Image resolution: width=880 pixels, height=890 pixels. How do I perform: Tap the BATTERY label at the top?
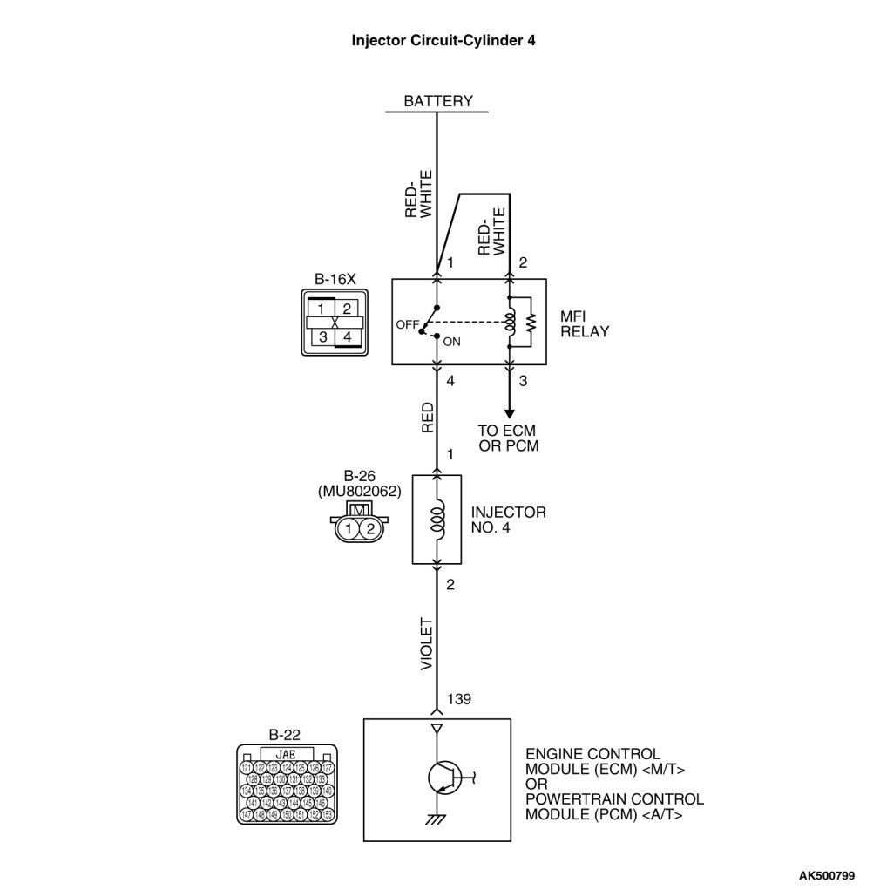click(x=437, y=101)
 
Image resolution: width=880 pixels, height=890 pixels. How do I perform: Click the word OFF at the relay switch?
click(x=407, y=323)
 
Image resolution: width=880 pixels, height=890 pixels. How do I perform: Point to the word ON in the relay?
click(x=451, y=342)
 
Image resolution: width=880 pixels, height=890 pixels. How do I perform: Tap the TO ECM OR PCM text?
click(x=508, y=438)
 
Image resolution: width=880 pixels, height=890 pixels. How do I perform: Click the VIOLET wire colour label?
click(x=427, y=644)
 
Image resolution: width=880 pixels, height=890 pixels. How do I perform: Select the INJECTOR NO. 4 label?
click(x=508, y=520)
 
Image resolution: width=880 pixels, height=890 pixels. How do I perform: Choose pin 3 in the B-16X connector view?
click(x=322, y=336)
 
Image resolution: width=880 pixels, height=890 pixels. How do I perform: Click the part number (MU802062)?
click(x=359, y=491)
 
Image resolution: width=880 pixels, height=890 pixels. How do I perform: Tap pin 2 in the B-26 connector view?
click(x=370, y=528)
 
